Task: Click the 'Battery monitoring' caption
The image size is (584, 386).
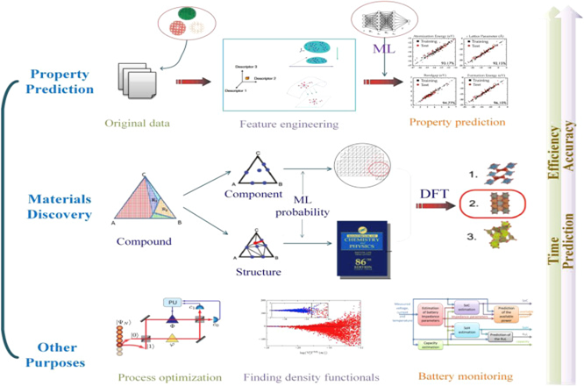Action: (x=452, y=377)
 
